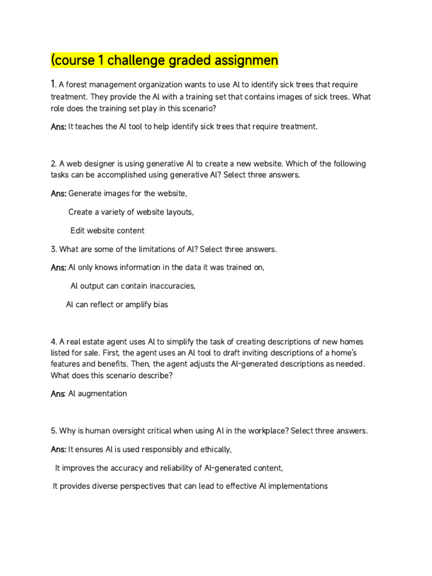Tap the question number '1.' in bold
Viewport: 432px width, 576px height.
tap(53, 84)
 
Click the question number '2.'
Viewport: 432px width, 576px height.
tap(53, 164)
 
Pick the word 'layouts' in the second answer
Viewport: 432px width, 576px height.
tap(177, 212)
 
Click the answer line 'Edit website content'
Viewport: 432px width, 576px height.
tap(107, 231)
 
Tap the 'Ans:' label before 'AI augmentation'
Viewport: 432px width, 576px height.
tap(58, 394)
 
